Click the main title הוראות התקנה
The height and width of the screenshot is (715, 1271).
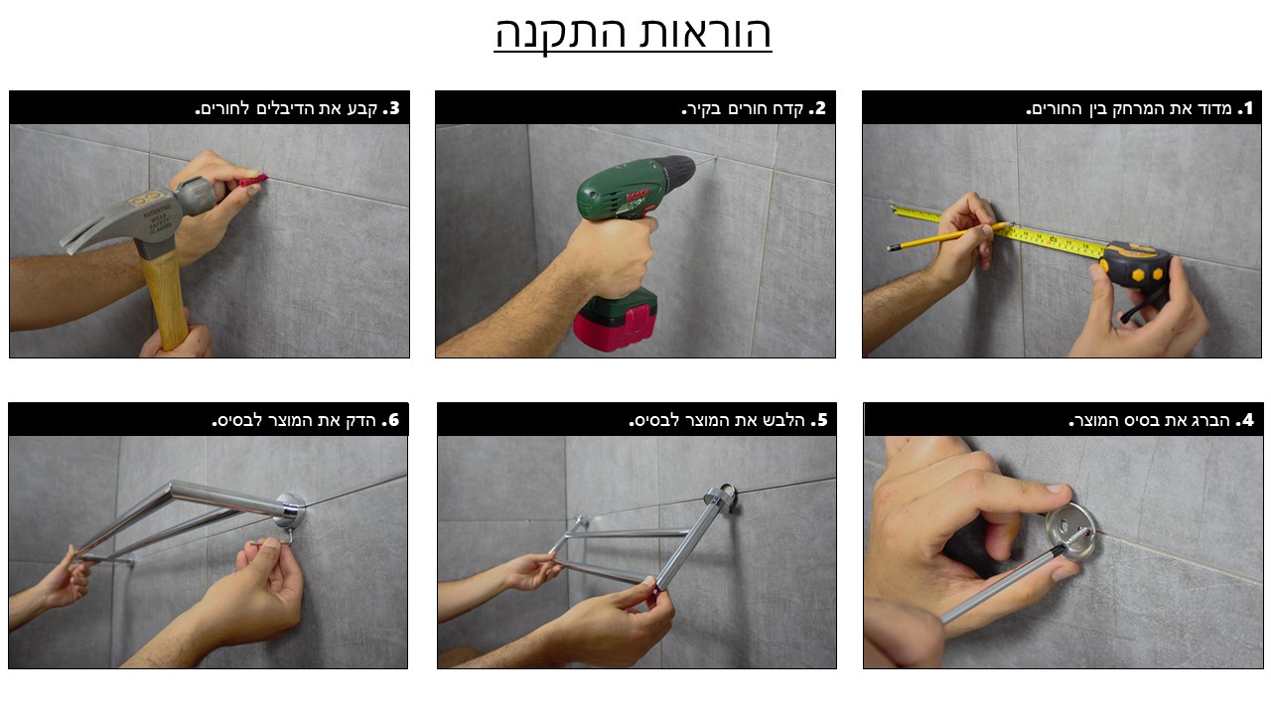click(633, 33)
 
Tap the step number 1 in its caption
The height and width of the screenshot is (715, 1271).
click(1246, 108)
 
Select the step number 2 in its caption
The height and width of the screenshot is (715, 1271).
click(820, 108)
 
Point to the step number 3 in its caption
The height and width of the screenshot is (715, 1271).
click(394, 108)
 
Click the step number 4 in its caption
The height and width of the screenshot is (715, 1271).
click(1247, 420)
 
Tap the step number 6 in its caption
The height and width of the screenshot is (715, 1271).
click(393, 420)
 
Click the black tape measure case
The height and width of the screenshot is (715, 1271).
click(1132, 268)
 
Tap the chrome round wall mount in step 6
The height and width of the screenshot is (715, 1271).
click(290, 510)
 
